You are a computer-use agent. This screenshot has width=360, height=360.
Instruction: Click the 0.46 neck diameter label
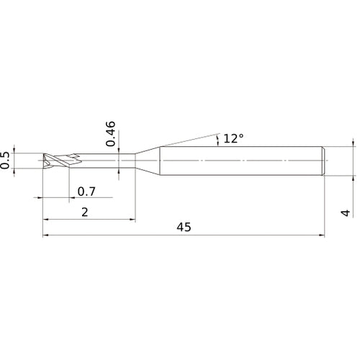tap(110, 134)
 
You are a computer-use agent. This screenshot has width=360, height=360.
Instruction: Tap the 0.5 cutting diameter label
tap(4, 161)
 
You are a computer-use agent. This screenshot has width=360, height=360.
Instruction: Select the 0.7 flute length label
tap(86, 192)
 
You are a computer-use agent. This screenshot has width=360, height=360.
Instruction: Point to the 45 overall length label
tap(184, 227)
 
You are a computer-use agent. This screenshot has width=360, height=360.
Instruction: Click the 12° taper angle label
tap(233, 138)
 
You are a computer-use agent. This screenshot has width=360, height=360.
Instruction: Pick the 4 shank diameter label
tap(346, 212)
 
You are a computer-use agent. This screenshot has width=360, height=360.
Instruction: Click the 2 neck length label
tap(85, 212)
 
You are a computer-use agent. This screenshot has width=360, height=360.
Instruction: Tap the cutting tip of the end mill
tap(44, 161)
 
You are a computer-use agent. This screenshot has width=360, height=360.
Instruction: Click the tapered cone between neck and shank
tap(148, 161)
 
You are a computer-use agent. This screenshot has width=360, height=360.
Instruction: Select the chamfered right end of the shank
tap(323, 161)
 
